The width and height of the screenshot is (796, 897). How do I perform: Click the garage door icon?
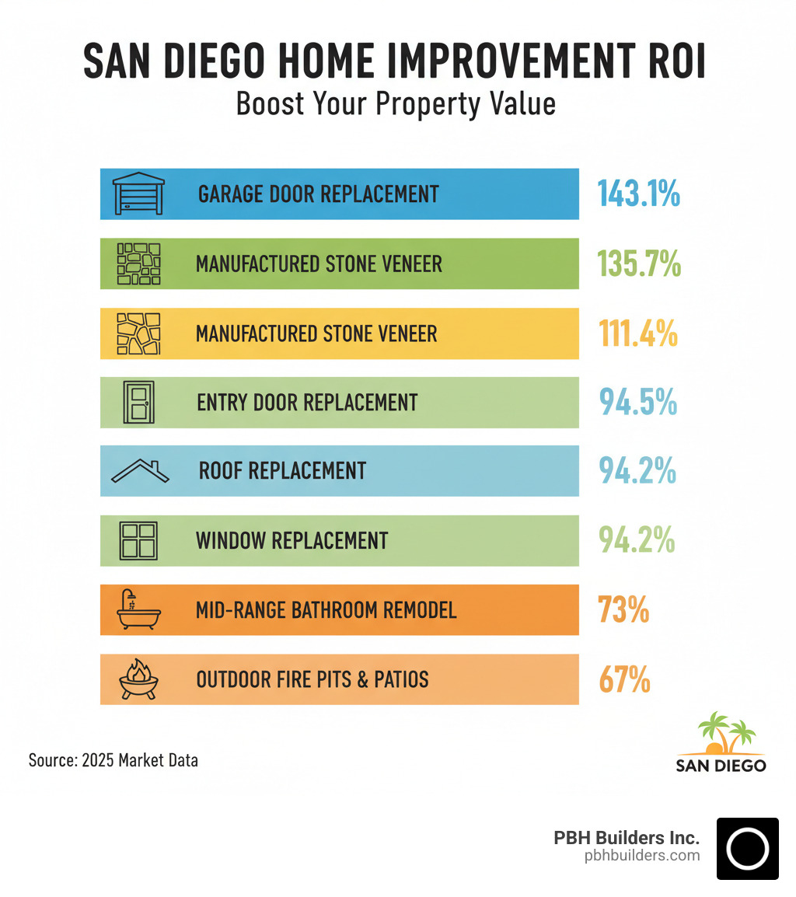coord(139,194)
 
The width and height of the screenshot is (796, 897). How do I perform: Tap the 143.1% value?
coord(638,194)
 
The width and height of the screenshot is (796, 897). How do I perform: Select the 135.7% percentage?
coord(639,264)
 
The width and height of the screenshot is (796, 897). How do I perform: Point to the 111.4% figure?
coord(638,333)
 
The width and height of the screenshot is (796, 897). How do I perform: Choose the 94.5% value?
coord(637,403)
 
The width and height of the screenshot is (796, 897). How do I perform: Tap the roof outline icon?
coord(141,471)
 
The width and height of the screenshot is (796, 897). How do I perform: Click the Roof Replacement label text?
coord(282,471)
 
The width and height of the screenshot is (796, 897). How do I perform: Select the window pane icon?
coord(138,540)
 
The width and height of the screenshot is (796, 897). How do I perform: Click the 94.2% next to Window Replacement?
coord(637,540)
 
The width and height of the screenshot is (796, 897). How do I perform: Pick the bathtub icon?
coord(138,610)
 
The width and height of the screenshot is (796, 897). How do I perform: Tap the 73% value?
coord(623,610)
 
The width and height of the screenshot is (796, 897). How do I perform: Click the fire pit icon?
coord(138,679)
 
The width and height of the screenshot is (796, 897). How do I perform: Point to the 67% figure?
coord(624,679)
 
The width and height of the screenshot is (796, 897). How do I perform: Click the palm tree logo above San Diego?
coord(721,734)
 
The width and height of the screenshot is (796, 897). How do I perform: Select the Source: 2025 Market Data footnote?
coord(113,759)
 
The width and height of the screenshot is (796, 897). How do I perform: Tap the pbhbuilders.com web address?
coord(642,855)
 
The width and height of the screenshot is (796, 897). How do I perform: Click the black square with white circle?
coord(747,849)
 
